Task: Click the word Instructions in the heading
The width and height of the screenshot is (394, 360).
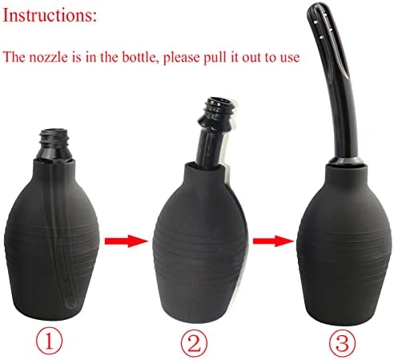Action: [47, 15]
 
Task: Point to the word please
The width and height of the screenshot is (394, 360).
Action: [181, 58]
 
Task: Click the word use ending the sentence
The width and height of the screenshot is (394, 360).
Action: [289, 59]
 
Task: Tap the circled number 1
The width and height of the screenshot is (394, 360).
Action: [49, 342]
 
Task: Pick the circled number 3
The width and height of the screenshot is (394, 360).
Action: [343, 342]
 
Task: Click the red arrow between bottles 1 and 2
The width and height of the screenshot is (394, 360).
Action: [127, 241]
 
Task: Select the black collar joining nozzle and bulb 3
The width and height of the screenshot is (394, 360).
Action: [346, 161]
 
